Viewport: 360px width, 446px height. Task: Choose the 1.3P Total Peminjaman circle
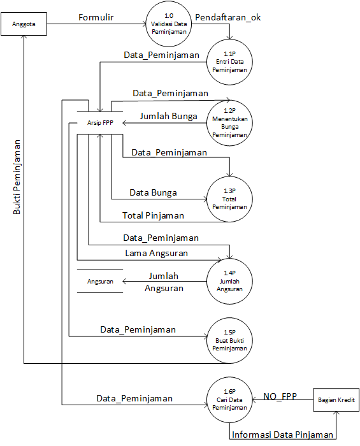pos(229,199)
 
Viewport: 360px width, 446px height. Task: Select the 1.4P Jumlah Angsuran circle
pos(229,282)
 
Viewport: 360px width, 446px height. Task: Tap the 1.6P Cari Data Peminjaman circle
pos(229,399)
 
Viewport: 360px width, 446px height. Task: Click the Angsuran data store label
pos(100,282)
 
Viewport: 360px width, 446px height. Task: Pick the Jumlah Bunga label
pos(169,117)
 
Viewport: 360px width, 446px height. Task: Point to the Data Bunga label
pos(153,192)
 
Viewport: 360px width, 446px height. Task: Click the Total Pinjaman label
pos(153,215)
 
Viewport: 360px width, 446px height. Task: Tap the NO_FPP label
pos(280,396)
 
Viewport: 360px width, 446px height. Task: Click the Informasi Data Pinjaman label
pos(282,435)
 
